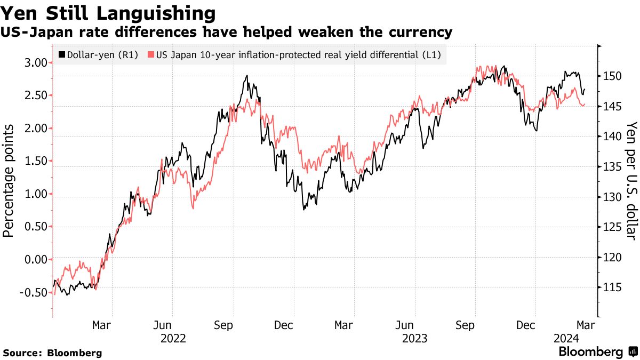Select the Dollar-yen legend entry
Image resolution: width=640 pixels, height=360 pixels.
tap(98, 54)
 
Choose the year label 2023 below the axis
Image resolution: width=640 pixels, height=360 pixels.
tap(414, 338)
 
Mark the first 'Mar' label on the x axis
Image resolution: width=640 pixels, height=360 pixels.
tap(102, 325)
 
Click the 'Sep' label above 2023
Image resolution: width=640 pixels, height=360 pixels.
tap(467, 325)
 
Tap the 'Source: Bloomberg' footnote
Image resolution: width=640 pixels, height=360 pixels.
tap(52, 353)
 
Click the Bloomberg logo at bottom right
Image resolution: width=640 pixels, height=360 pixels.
tap(597, 352)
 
